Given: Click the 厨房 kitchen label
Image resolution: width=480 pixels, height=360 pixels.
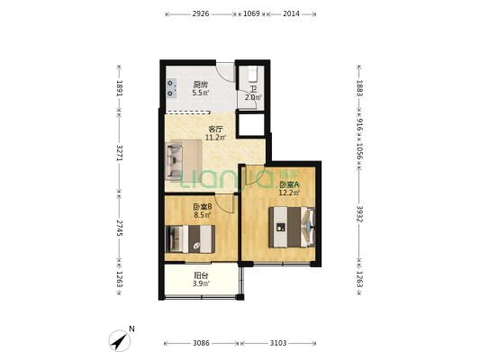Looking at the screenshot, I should [x=200, y=85].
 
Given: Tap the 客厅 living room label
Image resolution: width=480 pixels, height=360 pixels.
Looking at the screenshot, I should [x=215, y=129].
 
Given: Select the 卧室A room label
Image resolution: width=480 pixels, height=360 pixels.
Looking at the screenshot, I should [x=289, y=183].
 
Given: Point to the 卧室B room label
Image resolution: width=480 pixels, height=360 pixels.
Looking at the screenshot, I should [x=202, y=206].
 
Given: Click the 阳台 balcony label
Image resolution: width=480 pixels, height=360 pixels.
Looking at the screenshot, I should [x=201, y=275].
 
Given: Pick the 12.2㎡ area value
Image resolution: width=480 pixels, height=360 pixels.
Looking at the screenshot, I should [x=289, y=192].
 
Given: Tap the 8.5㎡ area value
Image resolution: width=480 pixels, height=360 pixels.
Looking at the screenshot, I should [x=202, y=215].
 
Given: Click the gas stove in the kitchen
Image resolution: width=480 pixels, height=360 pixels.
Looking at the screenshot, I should [x=171, y=87].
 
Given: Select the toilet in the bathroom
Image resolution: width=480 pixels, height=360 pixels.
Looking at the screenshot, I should [x=253, y=73].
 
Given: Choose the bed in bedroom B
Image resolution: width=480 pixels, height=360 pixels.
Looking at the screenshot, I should [x=191, y=238].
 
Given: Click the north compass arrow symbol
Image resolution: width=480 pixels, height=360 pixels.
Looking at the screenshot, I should [x=119, y=340].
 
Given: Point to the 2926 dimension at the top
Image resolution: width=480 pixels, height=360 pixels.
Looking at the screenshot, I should [x=201, y=13].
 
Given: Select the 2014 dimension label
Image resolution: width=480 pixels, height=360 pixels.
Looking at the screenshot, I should [x=292, y=13].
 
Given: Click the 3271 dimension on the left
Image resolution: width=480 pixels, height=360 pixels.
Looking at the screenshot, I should [x=119, y=152].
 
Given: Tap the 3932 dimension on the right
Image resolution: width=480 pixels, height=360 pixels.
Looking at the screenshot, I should [x=358, y=213].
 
